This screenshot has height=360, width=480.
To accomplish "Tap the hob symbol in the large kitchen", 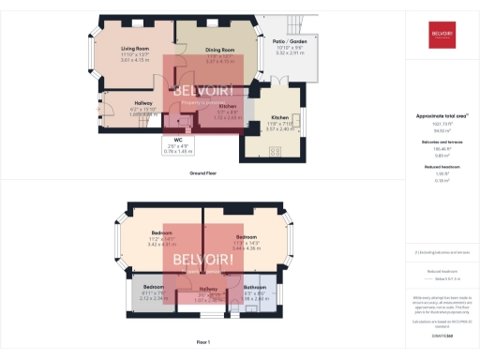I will (x=250, y=150).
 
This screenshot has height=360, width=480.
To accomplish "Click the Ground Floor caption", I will (x=205, y=174).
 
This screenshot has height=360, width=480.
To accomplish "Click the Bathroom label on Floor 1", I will (x=256, y=287).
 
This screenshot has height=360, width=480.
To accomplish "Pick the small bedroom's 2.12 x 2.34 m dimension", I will (x=153, y=298).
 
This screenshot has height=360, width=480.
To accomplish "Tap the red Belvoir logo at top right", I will (x=442, y=35).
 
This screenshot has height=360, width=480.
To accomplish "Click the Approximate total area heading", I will (x=442, y=116).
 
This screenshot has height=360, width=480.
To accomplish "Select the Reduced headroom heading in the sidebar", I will (x=442, y=165).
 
